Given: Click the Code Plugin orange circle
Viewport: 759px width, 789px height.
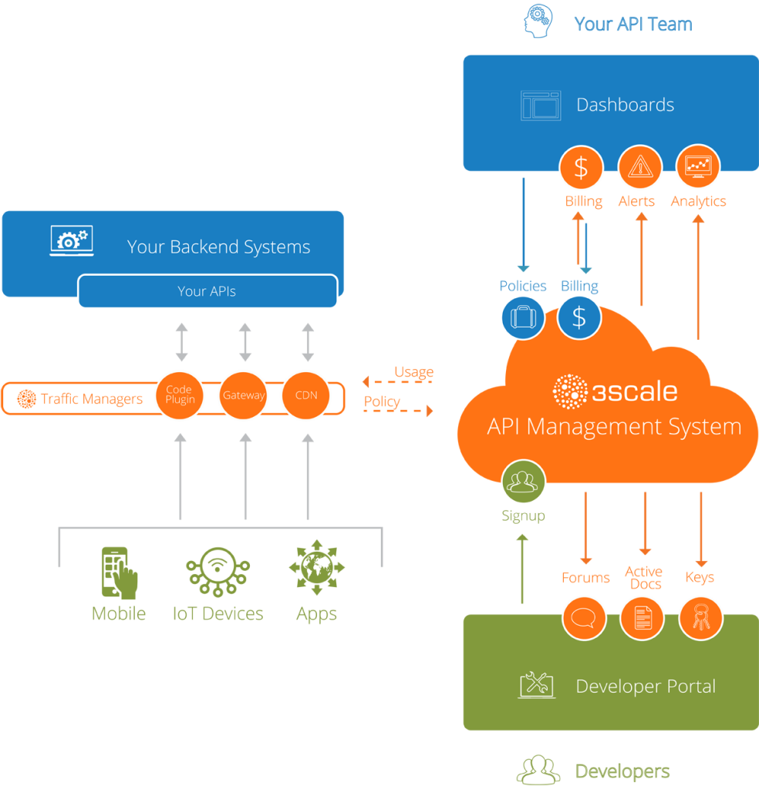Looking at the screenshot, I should click(180, 396).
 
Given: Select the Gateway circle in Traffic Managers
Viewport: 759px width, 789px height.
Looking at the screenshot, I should click(244, 396).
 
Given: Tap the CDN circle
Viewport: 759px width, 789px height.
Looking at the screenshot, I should click(307, 396).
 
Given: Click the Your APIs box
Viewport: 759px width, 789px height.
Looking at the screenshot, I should click(207, 291).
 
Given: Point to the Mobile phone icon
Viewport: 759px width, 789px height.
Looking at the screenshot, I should click(119, 572).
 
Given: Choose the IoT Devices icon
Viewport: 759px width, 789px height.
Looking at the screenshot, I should click(218, 572).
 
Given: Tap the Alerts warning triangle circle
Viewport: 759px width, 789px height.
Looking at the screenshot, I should click(640, 167).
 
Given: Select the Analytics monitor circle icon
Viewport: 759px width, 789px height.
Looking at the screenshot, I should click(698, 167).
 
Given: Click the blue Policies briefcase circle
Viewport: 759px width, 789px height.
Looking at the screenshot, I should click(522, 317).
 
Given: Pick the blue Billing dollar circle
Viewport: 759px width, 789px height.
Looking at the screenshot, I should click(579, 317).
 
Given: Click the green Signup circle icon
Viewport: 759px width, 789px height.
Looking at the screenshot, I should click(523, 482).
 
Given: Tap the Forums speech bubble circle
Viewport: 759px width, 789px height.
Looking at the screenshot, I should click(584, 617).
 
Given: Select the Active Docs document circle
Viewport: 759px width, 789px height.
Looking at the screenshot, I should click(643, 617).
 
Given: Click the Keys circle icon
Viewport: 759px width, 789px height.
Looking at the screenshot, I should click(700, 617).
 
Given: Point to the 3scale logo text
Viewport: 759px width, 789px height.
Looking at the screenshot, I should click(616, 391).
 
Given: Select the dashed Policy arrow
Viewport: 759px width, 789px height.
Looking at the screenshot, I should click(398, 411).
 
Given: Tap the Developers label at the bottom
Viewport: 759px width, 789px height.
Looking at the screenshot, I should click(622, 771).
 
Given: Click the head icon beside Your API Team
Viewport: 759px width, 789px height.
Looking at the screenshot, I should click(538, 21).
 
